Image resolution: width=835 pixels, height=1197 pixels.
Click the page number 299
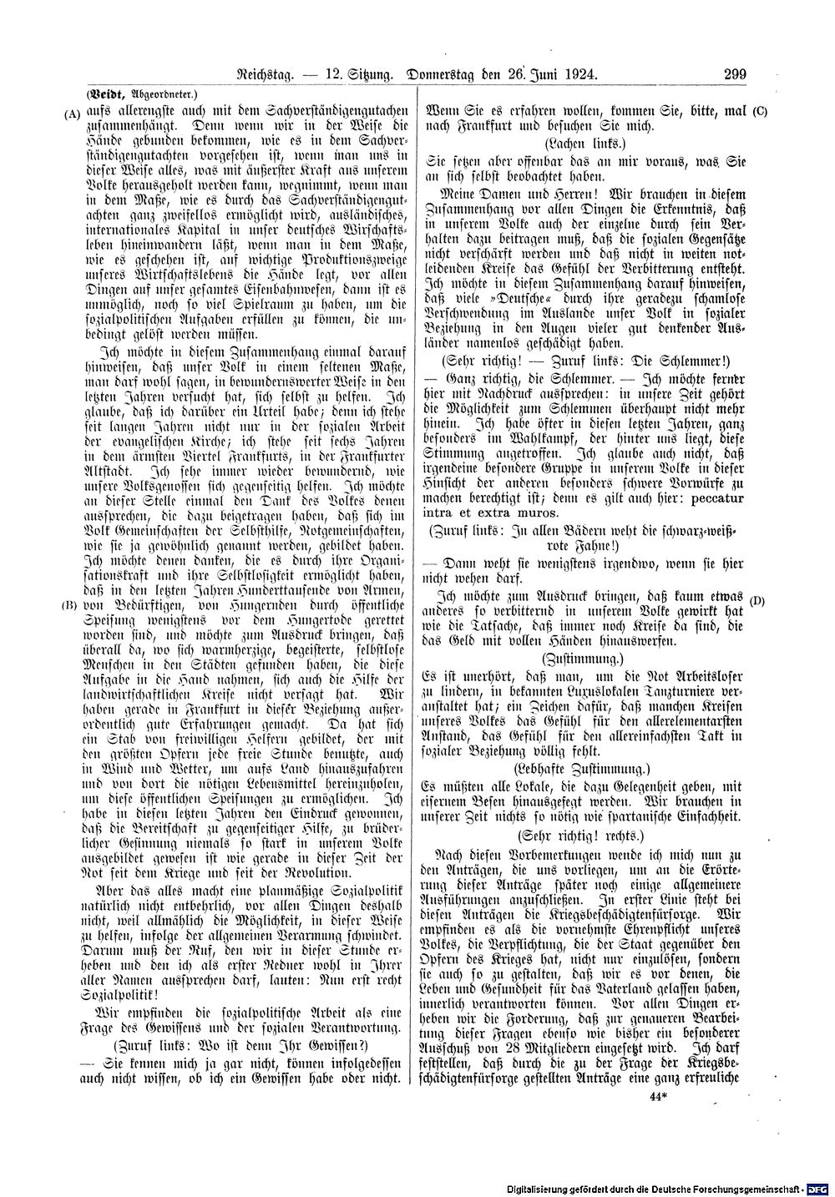coord(734,74)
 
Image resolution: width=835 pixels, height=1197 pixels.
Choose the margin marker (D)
coord(758,599)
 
